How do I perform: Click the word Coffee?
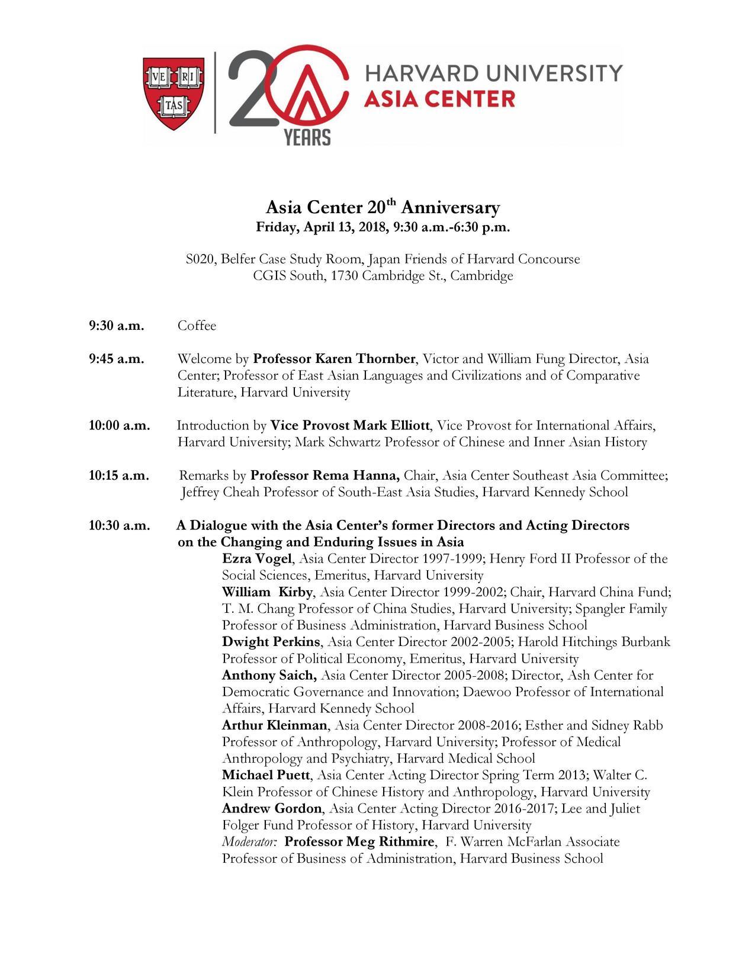pyautogui.click(x=197, y=326)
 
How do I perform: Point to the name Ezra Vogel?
pyautogui.click(x=257, y=559)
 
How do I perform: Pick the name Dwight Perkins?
pyautogui.click(x=271, y=642)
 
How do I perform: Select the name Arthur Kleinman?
pyautogui.click(x=274, y=725)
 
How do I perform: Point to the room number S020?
pyautogui.click(x=200, y=259)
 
